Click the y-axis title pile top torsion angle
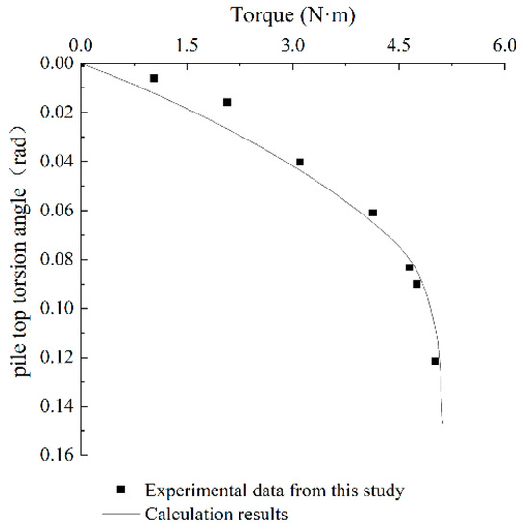21,257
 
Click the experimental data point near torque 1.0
154,78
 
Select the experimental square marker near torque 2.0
227,102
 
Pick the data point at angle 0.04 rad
300,162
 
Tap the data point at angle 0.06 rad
373,213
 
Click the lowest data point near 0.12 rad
435,361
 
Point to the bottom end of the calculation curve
442,422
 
